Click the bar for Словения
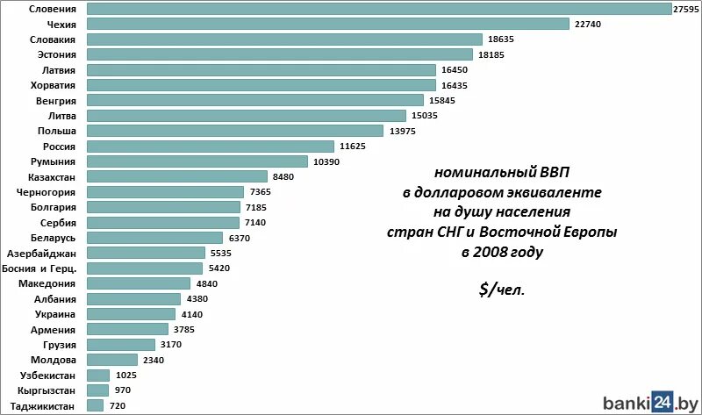377,9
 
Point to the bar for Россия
211,147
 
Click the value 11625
354,147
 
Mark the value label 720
117,405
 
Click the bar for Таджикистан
96,405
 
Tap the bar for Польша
235,131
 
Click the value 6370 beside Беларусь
240,238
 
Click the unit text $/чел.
503,290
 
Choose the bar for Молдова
112,360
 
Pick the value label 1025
128,375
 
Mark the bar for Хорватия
261,85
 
